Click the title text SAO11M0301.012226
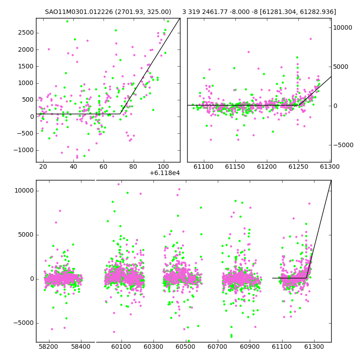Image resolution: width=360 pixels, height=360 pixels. pyautogui.click(x=79, y=12)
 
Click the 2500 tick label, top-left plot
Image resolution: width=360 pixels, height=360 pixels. pyautogui.click(x=26, y=32)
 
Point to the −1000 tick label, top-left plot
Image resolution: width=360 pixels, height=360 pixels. pyautogui.click(x=24, y=150)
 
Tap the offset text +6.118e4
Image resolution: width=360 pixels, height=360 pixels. pyautogui.click(x=165, y=173)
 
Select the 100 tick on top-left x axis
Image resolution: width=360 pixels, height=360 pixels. pyautogui.click(x=163, y=166)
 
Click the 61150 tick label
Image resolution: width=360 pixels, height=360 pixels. pyautogui.click(x=235, y=166)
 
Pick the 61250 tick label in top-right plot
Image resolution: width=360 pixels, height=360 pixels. pyautogui.click(x=298, y=166)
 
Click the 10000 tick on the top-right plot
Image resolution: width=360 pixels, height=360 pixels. pyautogui.click(x=342, y=27)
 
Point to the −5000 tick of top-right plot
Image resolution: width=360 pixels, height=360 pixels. pyautogui.click(x=343, y=145)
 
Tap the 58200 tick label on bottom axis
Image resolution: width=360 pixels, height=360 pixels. pyautogui.click(x=48, y=346)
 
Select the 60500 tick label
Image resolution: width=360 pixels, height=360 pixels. pyautogui.click(x=185, y=346)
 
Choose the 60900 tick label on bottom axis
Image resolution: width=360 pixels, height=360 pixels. pyautogui.click(x=250, y=346)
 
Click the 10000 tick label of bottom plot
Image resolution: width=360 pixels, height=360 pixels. pyautogui.click(x=24, y=190)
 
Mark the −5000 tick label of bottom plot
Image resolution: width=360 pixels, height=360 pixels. pyautogui.click(x=24, y=323)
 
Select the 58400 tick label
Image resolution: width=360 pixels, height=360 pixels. pyautogui.click(x=81, y=346)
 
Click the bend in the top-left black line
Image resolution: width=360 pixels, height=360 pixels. pyautogui.click(x=120, y=114)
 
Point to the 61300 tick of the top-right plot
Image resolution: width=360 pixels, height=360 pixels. pyautogui.click(x=330, y=166)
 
